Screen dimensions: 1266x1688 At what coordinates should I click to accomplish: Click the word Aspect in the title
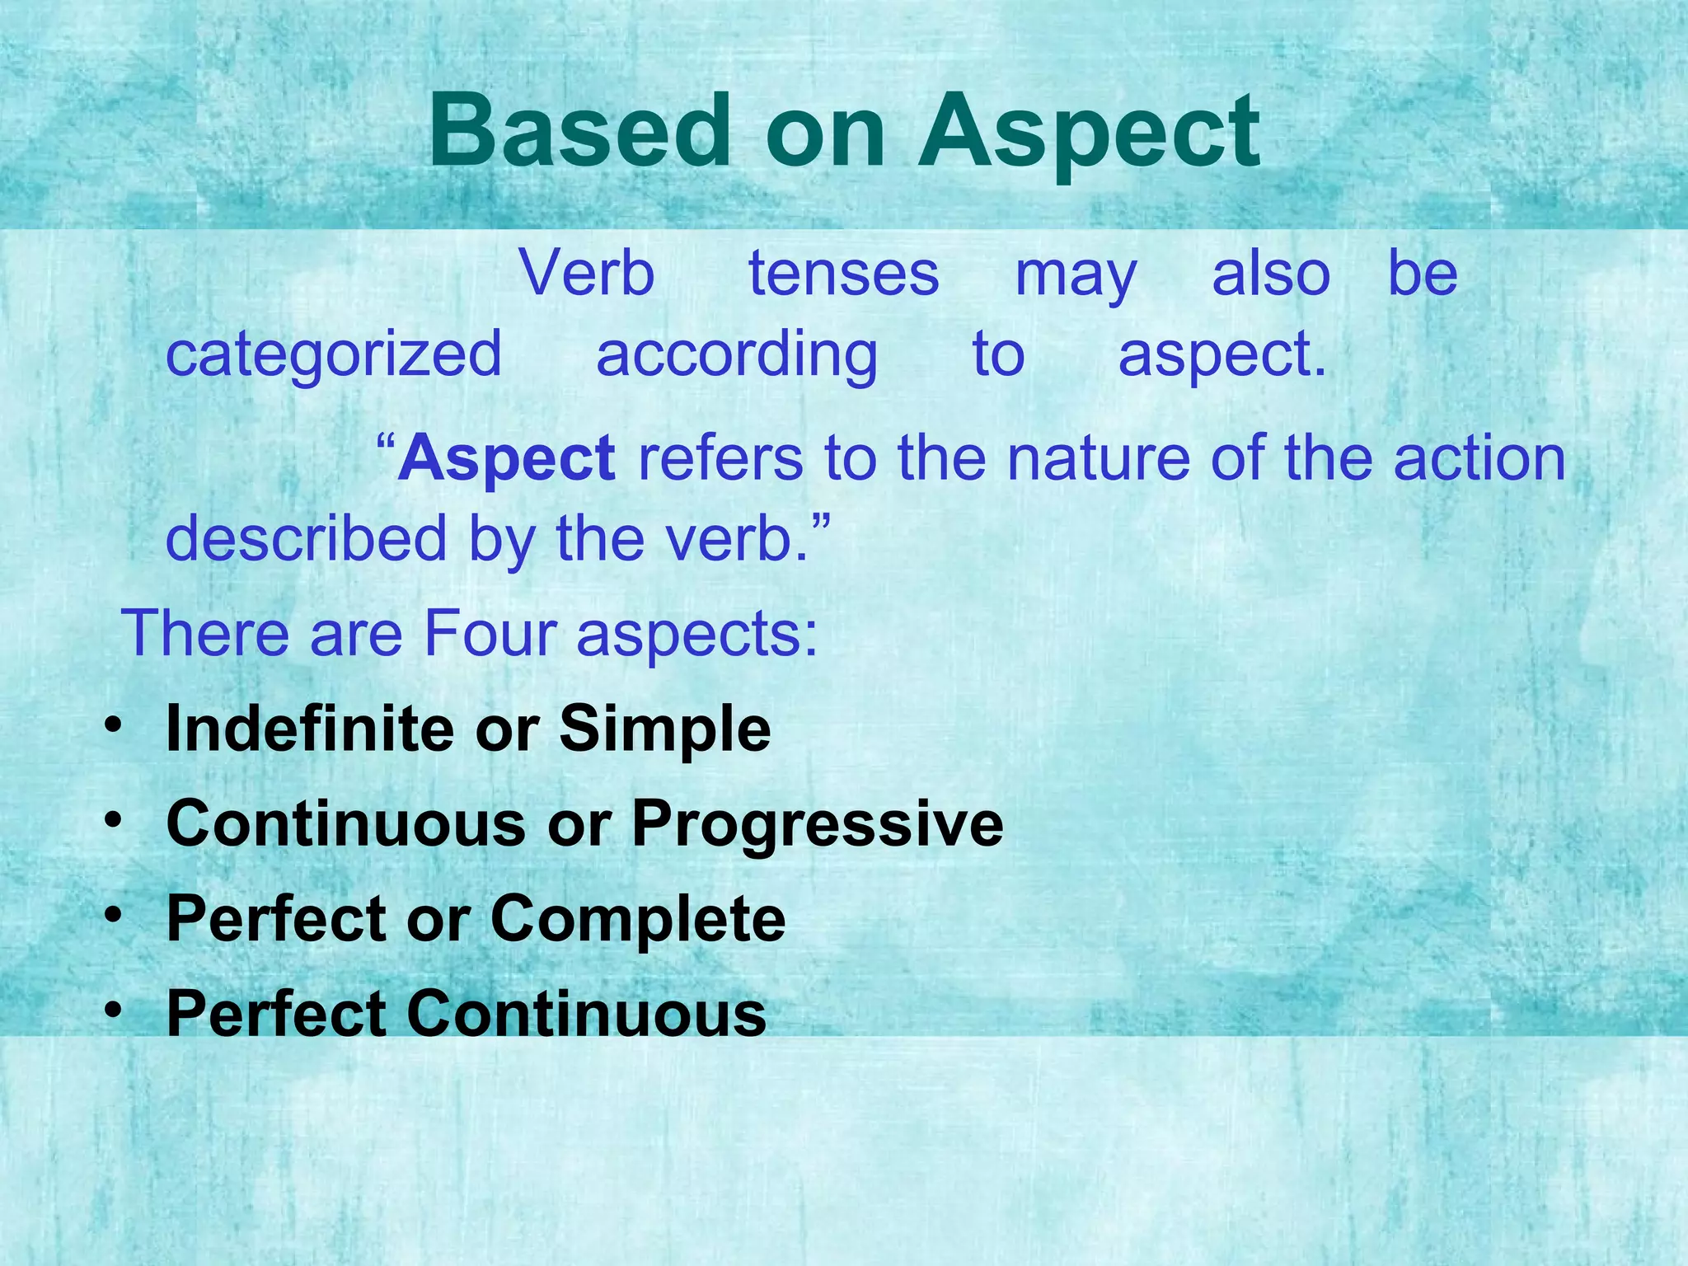tap(1090, 132)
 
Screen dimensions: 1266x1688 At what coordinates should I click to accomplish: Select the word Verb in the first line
tap(587, 274)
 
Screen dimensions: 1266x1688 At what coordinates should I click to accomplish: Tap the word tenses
tap(843, 274)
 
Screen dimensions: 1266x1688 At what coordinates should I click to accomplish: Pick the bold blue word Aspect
tap(506, 458)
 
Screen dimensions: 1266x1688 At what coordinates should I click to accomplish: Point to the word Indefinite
tap(310, 729)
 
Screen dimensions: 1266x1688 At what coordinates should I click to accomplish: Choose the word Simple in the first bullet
tap(664, 729)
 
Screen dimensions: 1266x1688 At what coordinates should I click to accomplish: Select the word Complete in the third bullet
tap(638, 918)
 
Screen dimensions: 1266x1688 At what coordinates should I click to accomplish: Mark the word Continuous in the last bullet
tap(586, 1013)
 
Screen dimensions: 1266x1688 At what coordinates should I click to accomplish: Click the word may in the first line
tap(1076, 275)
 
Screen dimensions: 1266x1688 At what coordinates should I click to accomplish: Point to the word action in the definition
tap(1479, 458)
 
